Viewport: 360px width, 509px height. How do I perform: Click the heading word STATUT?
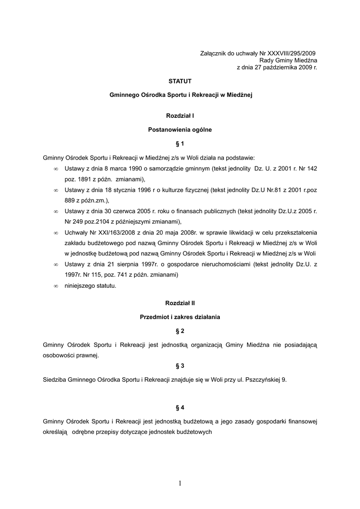coord(180,81)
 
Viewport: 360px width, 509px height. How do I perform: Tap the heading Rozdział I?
coord(180,116)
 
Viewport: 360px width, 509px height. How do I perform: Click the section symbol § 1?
coord(180,144)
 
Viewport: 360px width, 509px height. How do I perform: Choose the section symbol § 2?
coord(180,331)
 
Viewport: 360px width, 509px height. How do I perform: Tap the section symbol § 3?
coord(180,366)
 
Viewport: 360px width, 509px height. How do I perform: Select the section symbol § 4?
coord(180,408)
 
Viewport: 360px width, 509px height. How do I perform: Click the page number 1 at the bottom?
coord(180,484)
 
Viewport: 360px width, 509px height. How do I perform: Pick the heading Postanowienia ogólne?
coord(180,130)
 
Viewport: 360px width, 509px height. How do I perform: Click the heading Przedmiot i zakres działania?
coord(180,317)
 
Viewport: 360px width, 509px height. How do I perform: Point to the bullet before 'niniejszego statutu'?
coord(56,286)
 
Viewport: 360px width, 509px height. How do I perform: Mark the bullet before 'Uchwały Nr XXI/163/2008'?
coord(56,233)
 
